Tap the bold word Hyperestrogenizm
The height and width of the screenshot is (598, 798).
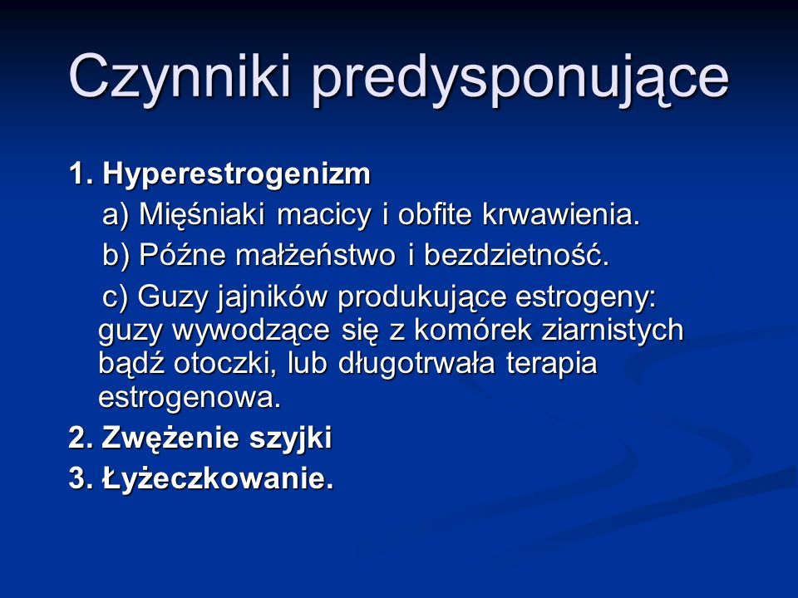pos(237,175)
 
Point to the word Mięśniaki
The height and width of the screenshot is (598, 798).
pos(201,214)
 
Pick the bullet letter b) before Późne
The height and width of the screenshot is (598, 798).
pos(116,255)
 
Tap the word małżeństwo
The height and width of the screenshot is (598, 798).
pos(315,255)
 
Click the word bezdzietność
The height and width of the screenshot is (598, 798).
pos(516,255)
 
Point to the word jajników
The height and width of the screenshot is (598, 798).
pos(273,297)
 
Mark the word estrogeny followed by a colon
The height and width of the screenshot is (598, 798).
pos(585,297)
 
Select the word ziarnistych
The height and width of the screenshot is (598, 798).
pos(613,331)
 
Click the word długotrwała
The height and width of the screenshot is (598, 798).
pos(416,364)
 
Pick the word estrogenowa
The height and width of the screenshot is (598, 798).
pos(190,397)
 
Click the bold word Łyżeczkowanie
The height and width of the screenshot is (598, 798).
pos(218,478)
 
